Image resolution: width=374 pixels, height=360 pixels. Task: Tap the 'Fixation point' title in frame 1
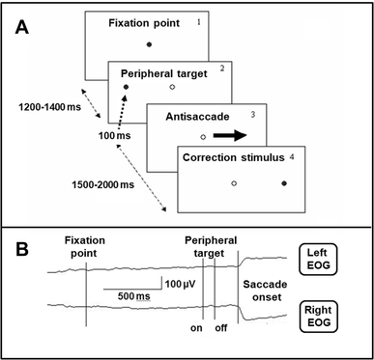coord(148,21)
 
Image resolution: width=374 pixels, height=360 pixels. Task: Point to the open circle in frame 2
coord(172,88)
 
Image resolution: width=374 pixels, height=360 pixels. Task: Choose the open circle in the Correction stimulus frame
coord(234,182)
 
